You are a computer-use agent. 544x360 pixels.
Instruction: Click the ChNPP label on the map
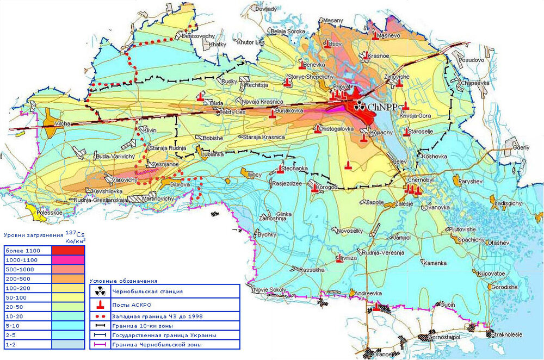click(x=384, y=107)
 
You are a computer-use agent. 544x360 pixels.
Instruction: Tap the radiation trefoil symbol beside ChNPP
click(x=359, y=107)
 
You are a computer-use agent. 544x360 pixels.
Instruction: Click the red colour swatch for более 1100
click(x=68, y=251)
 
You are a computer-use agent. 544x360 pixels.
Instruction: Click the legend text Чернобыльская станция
click(x=146, y=291)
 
